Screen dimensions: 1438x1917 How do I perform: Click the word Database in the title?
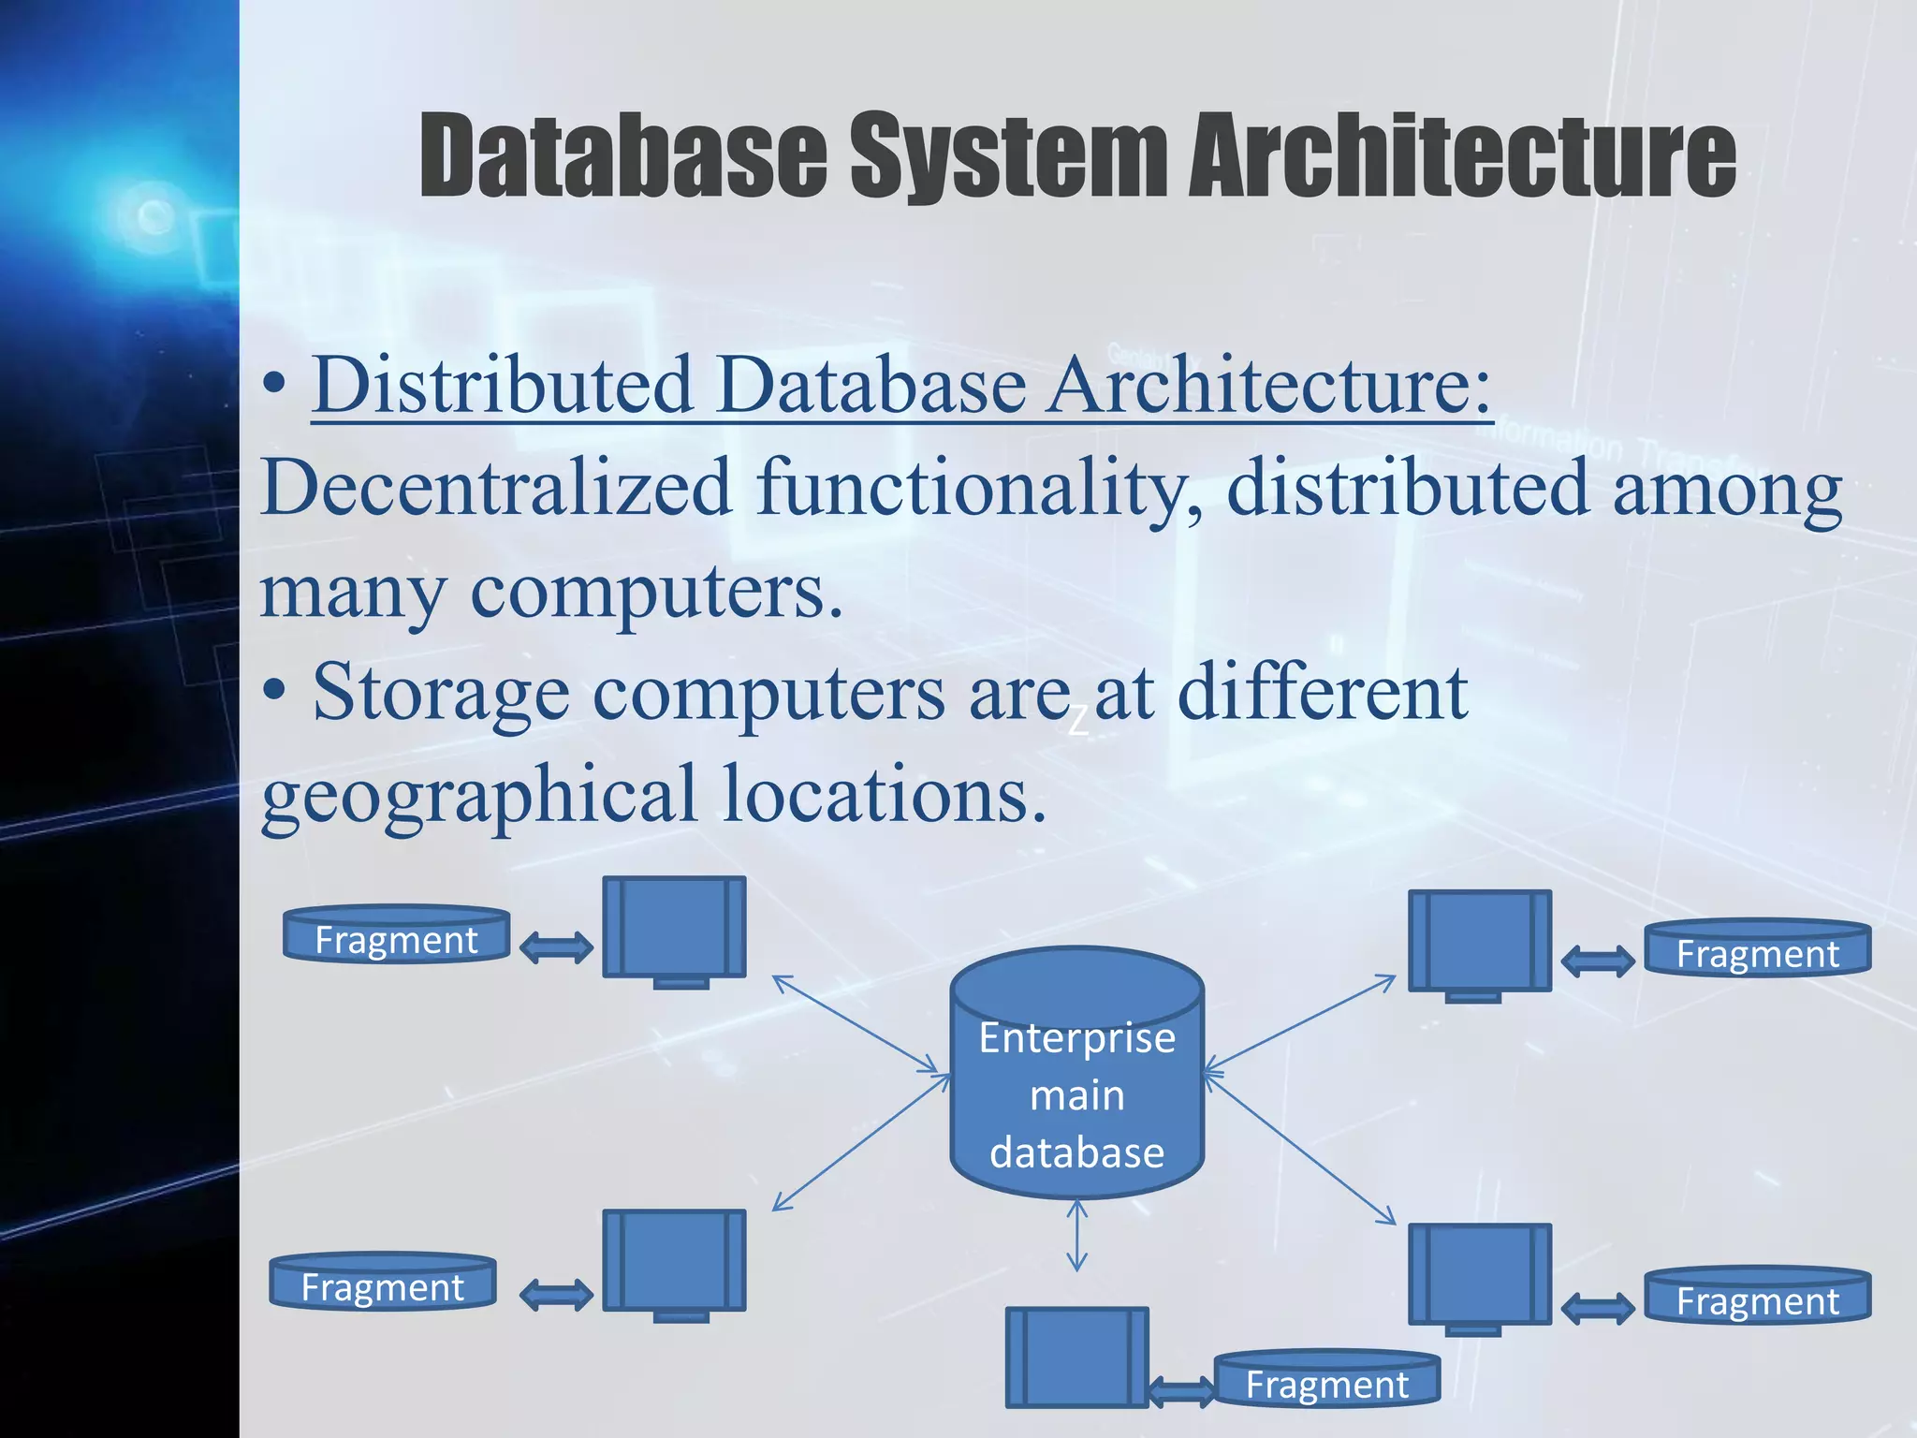point(622,154)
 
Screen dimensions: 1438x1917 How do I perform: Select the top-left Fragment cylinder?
point(397,934)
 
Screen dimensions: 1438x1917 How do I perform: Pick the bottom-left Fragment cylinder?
point(383,1282)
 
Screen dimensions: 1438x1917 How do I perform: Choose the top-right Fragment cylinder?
point(1758,948)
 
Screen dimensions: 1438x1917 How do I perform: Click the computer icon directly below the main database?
point(1076,1357)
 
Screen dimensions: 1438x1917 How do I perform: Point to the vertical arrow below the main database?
point(1077,1236)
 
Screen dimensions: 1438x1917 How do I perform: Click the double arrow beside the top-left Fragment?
point(556,947)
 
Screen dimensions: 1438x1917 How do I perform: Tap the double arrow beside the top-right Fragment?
point(1599,961)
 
